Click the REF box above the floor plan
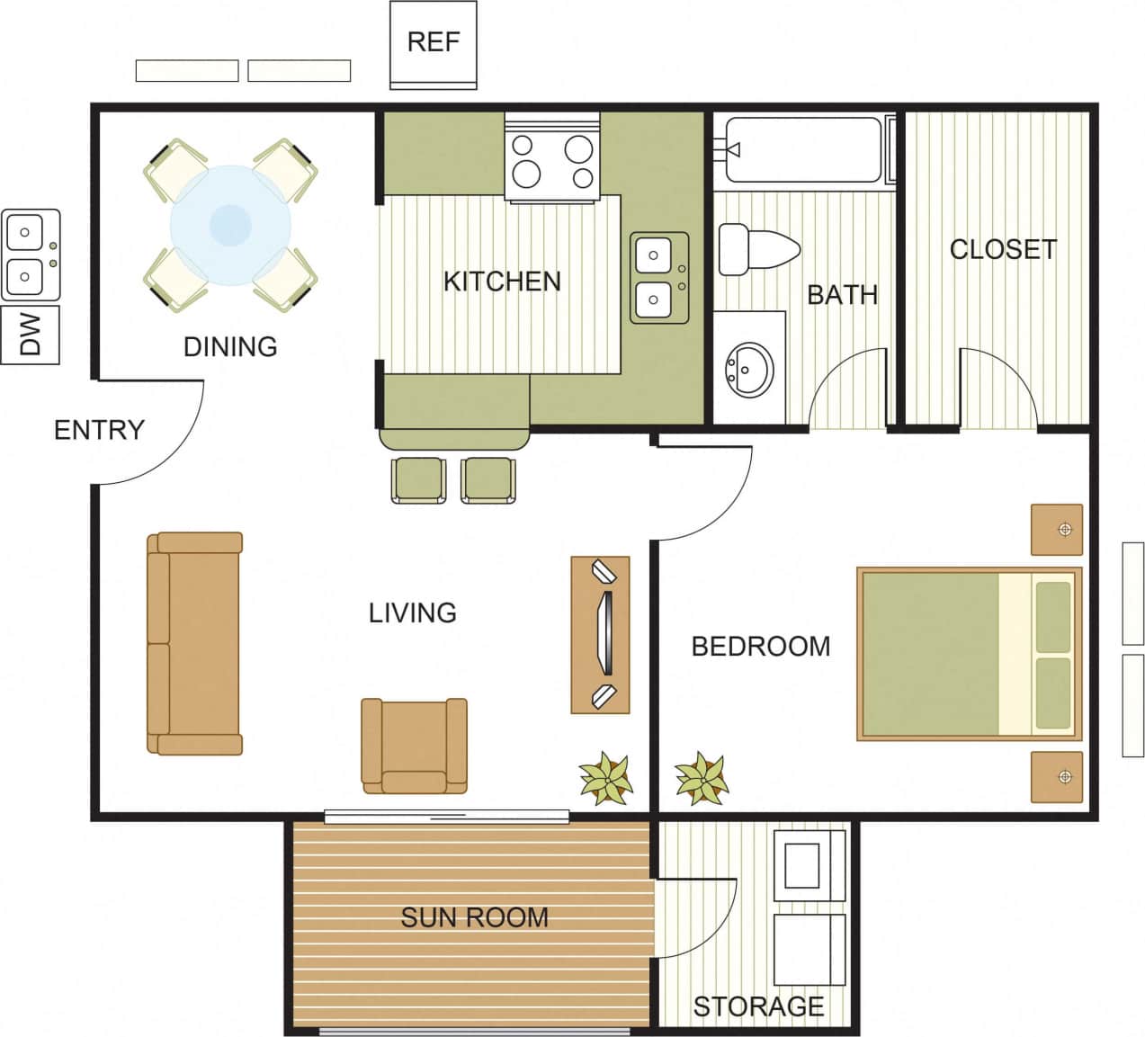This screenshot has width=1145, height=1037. (x=433, y=43)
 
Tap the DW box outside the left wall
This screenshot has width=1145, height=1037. (x=30, y=335)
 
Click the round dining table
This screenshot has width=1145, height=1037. (x=230, y=225)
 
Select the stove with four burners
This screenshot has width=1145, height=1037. (x=552, y=159)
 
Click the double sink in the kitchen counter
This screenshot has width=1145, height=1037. (x=659, y=277)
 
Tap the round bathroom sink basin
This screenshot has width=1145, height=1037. (x=749, y=369)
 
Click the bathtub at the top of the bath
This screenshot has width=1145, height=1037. (x=802, y=149)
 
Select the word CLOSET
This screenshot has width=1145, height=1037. (x=1003, y=249)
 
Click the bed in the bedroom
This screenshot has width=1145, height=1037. (x=968, y=654)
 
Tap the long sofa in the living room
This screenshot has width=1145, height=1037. (x=195, y=643)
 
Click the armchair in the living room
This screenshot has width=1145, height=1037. (x=414, y=746)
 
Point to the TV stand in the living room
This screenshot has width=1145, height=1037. (x=600, y=634)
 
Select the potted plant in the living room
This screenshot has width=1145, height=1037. (x=606, y=777)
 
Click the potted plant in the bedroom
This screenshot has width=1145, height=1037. (x=702, y=777)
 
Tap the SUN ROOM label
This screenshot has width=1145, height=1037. (x=474, y=917)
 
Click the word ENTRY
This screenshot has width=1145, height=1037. (x=99, y=430)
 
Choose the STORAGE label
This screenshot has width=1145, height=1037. (x=758, y=1006)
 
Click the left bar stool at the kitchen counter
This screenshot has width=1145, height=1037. (x=418, y=480)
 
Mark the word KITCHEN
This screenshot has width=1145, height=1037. (x=502, y=282)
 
